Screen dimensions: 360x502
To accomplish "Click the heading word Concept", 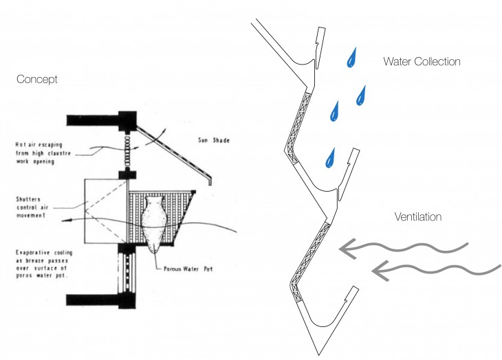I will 37,80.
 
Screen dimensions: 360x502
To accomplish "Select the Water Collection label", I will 422,62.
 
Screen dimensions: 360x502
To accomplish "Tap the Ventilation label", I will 417,217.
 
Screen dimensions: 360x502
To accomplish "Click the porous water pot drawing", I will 154,222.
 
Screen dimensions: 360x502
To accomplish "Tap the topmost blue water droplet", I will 352,58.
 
